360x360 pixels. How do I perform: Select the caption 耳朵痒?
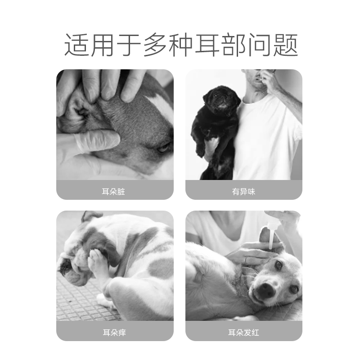(x=114, y=333)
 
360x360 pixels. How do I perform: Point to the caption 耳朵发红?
(x=243, y=333)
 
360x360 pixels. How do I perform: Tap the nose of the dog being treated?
(x=266, y=291)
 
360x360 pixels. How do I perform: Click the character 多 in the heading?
(x=156, y=45)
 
